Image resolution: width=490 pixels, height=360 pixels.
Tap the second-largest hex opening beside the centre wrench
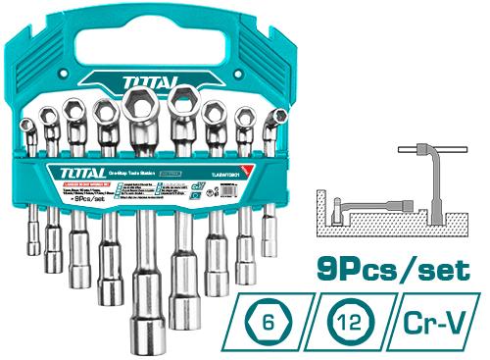(x=183, y=100)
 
